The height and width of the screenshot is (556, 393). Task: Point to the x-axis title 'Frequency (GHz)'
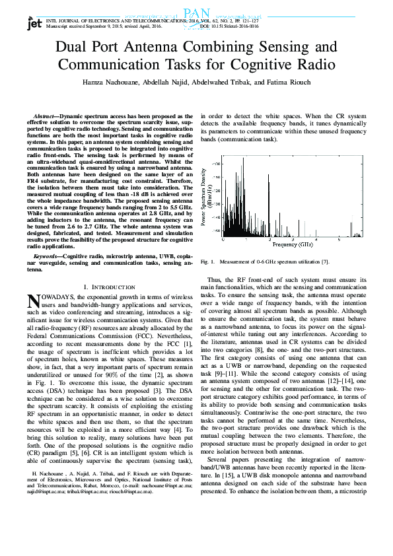tap(293, 244)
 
